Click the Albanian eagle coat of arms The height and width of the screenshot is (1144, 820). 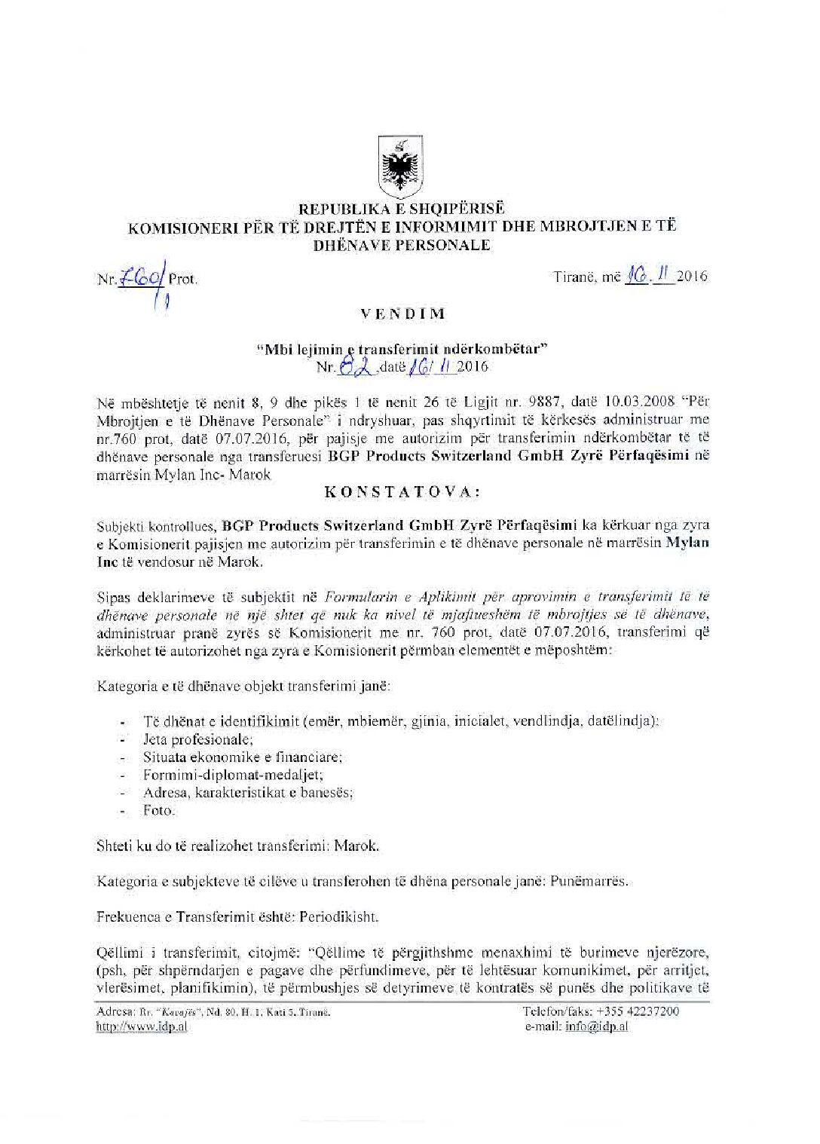coord(400,167)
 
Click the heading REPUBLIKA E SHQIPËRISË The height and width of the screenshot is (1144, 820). coord(402,208)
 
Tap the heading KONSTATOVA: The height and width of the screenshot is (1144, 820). coord(402,492)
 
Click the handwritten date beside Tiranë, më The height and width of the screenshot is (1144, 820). coord(650,276)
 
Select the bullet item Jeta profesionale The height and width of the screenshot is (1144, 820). coord(197,739)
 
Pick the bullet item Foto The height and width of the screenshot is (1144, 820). coord(158,810)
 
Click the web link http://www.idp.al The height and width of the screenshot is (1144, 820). coord(142,1026)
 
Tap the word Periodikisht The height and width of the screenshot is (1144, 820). coord(338,917)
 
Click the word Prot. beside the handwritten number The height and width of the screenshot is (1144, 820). coord(183,279)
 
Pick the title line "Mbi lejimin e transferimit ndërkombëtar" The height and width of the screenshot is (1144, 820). coord(402,350)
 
